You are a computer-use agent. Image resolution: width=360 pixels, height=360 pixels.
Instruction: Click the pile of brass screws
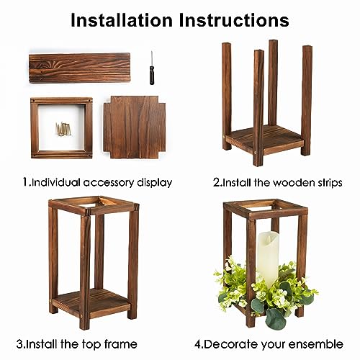[x=64, y=129]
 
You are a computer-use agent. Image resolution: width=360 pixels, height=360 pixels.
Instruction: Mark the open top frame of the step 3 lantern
[x=93, y=206]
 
